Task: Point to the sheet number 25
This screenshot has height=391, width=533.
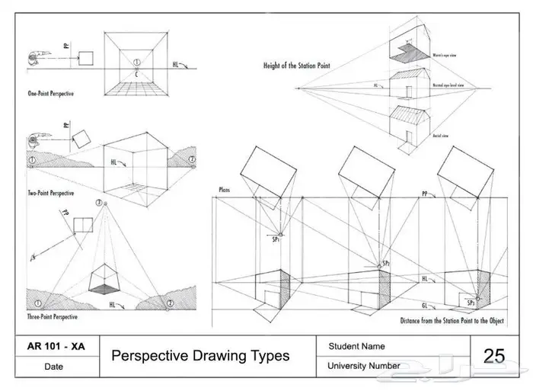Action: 493,355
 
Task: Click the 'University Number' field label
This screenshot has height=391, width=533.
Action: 364,366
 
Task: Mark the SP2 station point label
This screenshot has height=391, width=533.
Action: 386,263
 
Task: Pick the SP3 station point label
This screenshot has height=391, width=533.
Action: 472,303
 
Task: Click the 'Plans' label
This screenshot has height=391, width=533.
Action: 224,188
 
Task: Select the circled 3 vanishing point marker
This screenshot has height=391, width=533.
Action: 98,203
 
